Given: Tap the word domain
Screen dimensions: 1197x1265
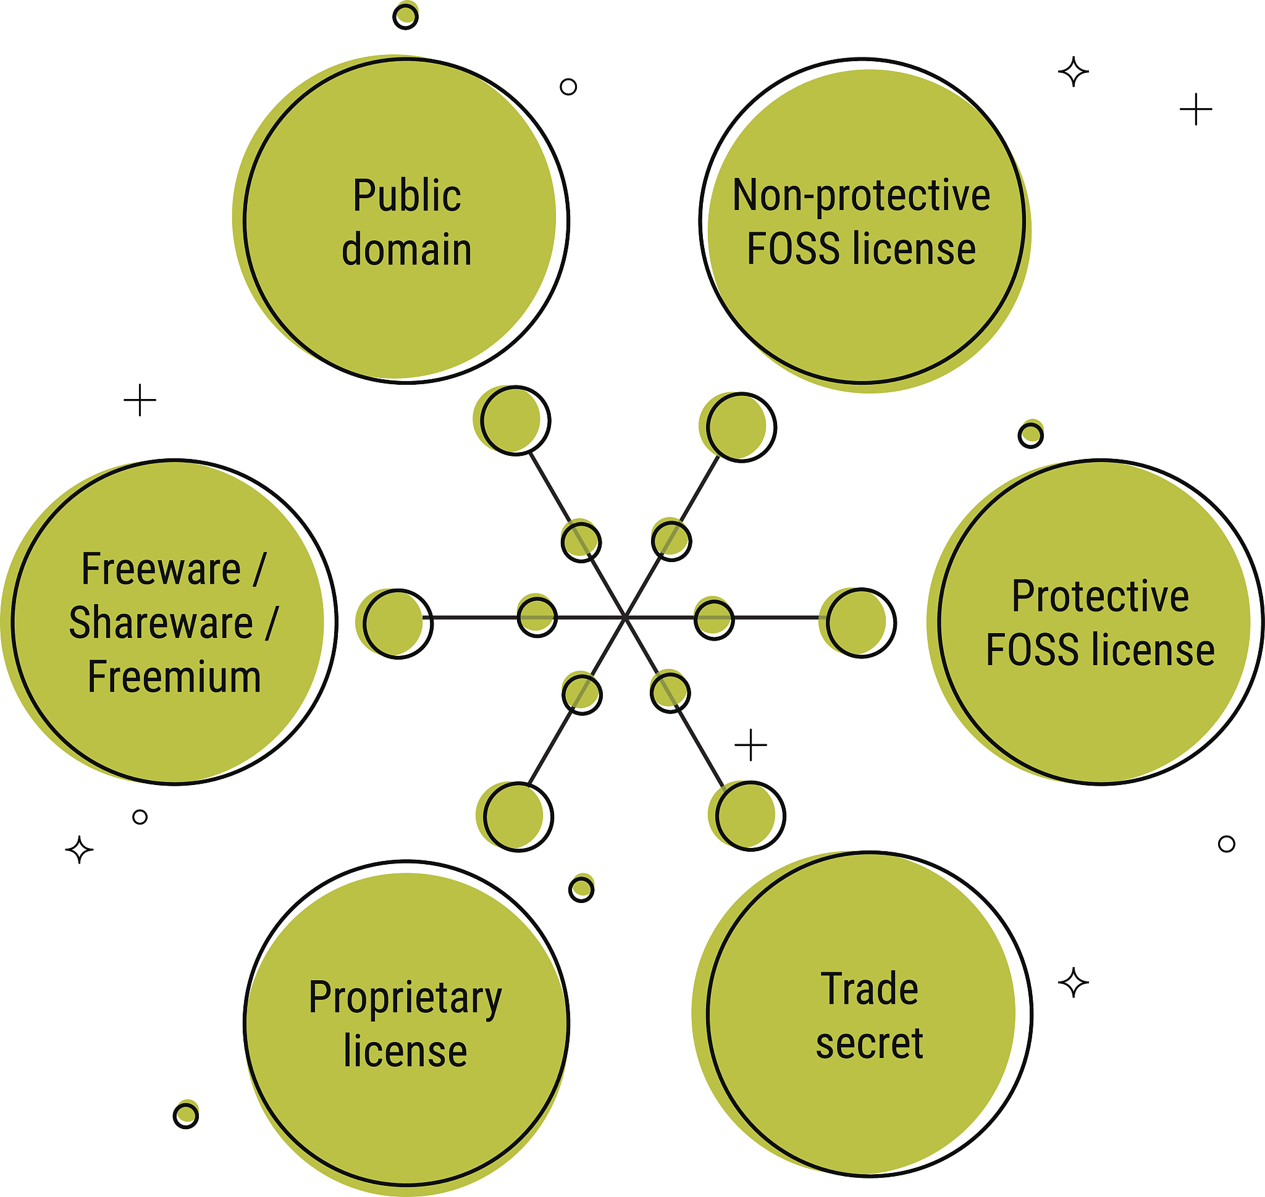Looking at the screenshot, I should click(407, 250).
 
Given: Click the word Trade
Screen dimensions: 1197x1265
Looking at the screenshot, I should click(869, 989).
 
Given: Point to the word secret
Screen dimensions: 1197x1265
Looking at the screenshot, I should click(869, 1043).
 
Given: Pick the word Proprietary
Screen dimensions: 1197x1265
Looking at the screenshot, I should click(405, 998).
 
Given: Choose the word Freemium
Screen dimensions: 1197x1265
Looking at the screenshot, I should click(174, 677).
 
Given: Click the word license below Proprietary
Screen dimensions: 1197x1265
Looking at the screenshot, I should click(405, 1051).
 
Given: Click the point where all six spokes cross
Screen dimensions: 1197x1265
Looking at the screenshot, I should click(625, 618).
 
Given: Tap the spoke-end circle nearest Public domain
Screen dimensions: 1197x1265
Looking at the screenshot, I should click(515, 421).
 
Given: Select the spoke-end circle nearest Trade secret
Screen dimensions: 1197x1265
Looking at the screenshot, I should click(750, 815).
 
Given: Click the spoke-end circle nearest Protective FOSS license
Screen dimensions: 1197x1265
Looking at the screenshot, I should click(861, 623).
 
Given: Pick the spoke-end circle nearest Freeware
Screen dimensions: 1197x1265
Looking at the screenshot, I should click(398, 624).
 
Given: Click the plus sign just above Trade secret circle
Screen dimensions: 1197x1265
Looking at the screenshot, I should click(751, 745).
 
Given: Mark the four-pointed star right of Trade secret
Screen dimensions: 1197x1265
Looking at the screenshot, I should click(1074, 983).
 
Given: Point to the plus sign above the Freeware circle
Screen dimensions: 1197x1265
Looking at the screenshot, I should click(140, 400).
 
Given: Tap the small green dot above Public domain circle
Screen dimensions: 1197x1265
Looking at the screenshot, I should click(405, 16).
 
